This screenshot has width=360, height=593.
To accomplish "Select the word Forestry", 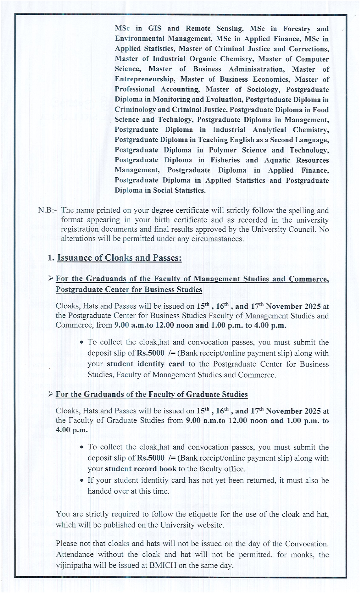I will (297, 29).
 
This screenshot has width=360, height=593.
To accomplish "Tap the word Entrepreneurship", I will (145, 79).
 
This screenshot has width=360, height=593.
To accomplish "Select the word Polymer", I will (223, 150).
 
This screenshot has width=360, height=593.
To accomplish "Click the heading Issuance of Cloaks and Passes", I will (119, 258).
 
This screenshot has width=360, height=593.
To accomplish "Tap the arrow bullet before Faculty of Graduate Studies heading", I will (51, 394).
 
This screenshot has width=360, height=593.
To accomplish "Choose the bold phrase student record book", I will (141, 469).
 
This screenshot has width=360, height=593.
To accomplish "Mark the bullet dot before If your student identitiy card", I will (82, 480).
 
